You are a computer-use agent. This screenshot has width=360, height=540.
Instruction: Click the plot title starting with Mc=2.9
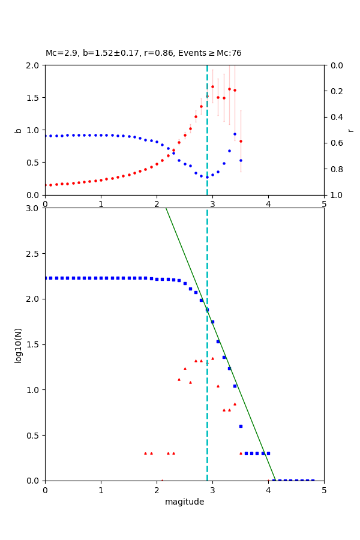pos(143,53)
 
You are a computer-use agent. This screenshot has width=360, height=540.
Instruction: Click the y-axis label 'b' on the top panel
pos(18,130)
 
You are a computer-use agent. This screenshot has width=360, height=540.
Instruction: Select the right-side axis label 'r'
pos(350,130)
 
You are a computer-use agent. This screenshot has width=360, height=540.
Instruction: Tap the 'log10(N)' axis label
pos(18,344)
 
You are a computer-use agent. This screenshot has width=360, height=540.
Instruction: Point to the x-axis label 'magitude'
pos(184,502)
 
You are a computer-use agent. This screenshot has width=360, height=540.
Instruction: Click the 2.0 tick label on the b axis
pos(34,65)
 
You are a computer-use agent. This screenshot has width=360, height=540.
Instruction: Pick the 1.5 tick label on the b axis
pos(34,97)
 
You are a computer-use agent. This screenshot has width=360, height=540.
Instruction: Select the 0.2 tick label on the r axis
pos(335,91)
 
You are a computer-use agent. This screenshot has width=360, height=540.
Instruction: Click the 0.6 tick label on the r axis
pos(335,143)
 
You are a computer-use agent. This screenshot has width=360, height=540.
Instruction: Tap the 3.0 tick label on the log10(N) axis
pos(34,208)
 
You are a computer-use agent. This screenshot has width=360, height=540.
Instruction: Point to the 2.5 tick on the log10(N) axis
pos(34,254)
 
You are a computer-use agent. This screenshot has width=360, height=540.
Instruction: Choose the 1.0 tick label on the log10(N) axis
pos(34,390)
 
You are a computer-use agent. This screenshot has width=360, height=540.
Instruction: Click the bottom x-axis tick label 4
pos(268,491)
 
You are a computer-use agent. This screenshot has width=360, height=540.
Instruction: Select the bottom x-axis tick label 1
pos(101,491)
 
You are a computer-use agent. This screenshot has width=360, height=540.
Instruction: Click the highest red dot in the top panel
pos(212,86)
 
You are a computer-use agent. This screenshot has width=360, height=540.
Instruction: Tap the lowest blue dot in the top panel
pos(207,177)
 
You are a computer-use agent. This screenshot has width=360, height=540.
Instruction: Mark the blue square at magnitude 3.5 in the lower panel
pos(241,426)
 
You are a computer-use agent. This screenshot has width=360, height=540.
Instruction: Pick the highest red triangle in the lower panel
pos(212,358)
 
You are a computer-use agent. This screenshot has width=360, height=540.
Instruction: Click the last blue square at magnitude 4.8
pos(313,480)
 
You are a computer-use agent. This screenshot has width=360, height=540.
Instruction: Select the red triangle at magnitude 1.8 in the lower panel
pos(145,453)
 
